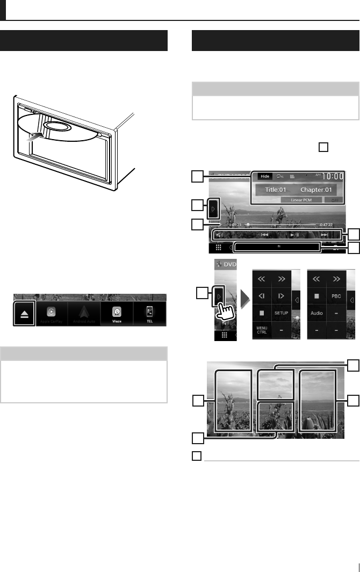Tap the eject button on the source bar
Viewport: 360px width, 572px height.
pyautogui.click(x=24, y=313)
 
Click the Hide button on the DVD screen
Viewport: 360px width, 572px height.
pyautogui.click(x=264, y=176)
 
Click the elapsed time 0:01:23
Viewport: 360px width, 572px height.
pyautogui.click(x=235, y=225)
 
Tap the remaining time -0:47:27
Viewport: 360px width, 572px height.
pyautogui.click(x=326, y=225)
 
